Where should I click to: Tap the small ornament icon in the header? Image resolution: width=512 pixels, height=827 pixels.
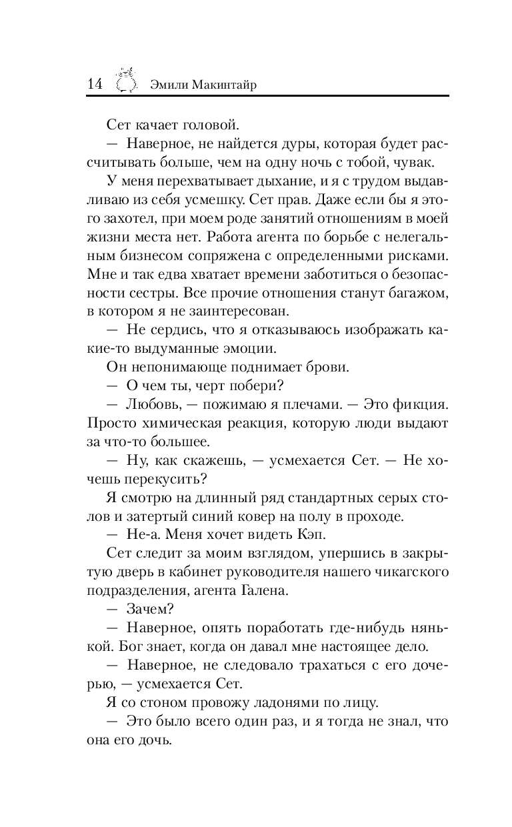point(126,80)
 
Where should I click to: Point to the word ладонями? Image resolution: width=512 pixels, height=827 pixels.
point(287,704)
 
